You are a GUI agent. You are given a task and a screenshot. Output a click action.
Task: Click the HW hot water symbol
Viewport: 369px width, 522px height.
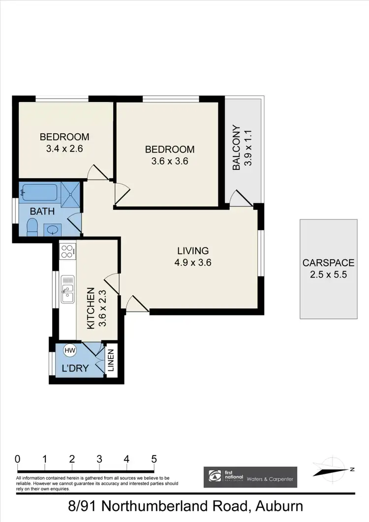click(x=70, y=350)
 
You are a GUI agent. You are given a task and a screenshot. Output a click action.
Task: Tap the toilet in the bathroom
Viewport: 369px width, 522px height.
click(x=32, y=227)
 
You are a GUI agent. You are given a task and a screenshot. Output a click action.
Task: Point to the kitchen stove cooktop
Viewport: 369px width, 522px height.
click(x=67, y=251)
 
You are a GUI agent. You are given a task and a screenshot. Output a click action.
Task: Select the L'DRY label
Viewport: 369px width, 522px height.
click(x=71, y=368)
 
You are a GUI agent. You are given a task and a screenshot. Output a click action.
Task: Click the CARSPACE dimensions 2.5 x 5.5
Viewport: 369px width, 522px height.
click(x=328, y=275)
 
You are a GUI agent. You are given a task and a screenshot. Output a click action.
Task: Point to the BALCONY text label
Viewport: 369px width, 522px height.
click(x=236, y=148)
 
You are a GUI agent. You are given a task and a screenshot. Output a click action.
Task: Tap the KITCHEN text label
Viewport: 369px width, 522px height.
click(x=91, y=309)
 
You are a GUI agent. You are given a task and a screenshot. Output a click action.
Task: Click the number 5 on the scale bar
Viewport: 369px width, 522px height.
click(x=154, y=459)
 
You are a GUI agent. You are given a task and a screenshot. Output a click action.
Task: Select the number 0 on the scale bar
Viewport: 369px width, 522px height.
click(x=18, y=459)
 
